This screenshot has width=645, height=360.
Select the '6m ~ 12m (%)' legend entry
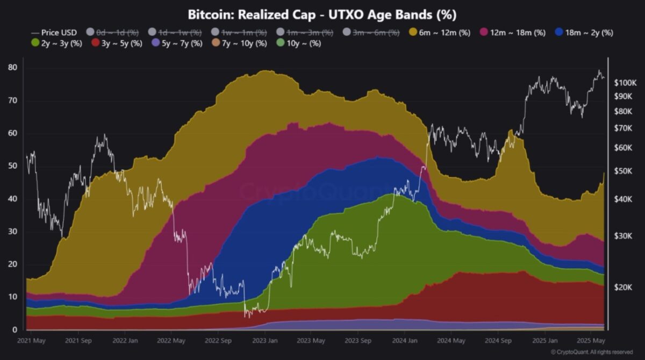440,32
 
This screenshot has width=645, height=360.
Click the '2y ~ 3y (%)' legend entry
56,43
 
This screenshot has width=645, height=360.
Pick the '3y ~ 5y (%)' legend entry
117,43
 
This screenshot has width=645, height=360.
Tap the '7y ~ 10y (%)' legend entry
239,43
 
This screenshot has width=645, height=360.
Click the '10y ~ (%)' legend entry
298,43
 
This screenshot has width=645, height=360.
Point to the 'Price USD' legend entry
54,32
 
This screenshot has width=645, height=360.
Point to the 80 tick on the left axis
12,68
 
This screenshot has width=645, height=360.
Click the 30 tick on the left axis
12,232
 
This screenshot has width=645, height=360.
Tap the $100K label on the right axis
625,83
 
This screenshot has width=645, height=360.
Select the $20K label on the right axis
625,287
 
